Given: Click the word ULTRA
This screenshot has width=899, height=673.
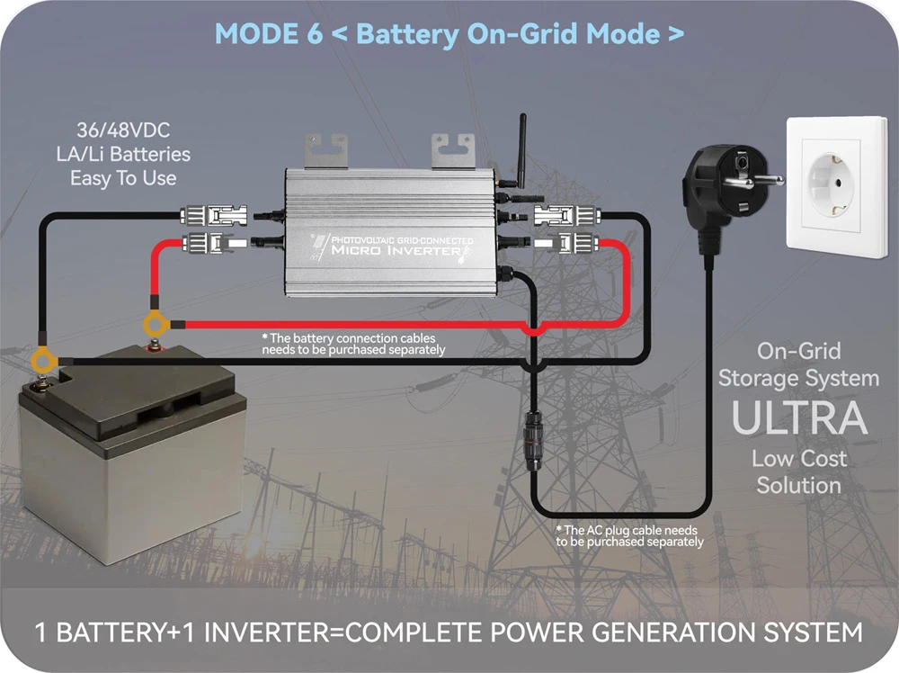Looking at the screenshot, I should point(798,417).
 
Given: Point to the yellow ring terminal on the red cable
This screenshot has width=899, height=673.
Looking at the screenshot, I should point(156,323).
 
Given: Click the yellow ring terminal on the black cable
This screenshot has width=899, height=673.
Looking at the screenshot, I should point(42,362).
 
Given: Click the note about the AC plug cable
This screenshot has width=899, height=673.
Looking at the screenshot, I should point(628,535).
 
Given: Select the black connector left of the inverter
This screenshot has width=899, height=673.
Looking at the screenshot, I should point(216,216).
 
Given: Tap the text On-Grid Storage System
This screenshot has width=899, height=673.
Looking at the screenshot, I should point(798,363).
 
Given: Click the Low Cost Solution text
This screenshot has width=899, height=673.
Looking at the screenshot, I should point(798,471).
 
